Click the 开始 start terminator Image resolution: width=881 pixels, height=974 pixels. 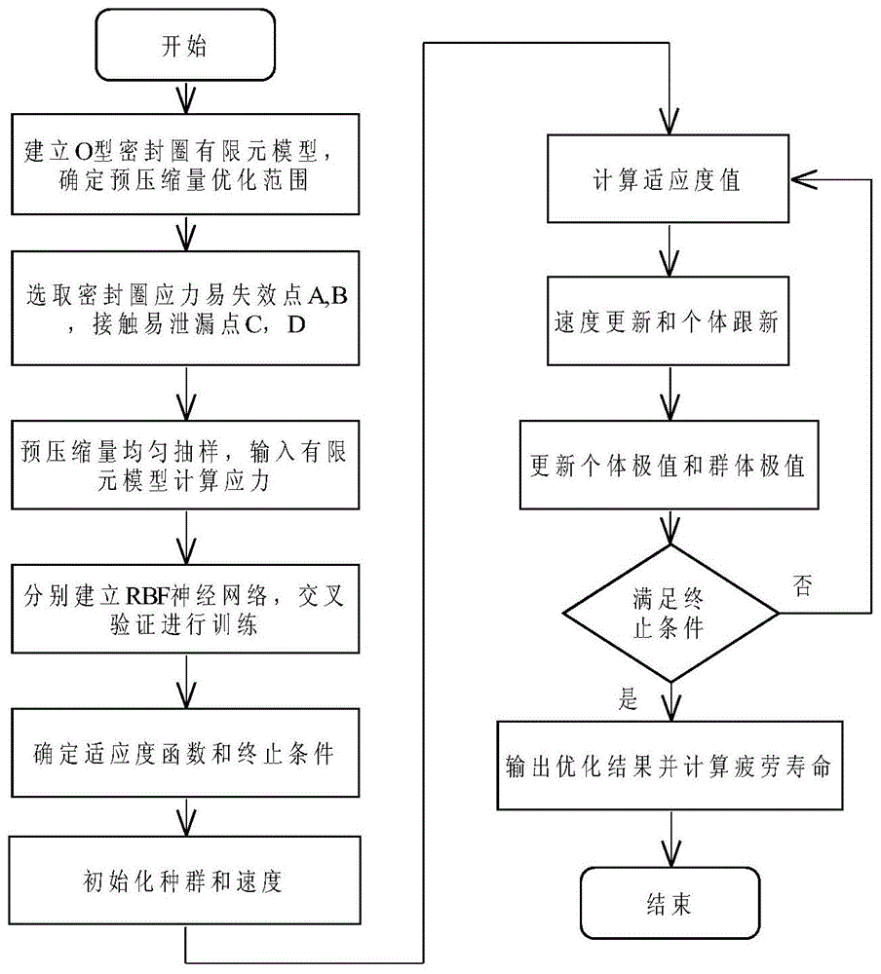pos(185,45)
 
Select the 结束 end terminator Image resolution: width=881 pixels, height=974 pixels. pos(670,903)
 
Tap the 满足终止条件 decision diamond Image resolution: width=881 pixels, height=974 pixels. pos(670,613)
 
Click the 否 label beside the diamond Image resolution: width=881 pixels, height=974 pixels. pos(803,585)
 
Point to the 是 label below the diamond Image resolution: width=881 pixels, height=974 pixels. pos(629,698)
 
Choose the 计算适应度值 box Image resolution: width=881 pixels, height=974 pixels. pos(668,179)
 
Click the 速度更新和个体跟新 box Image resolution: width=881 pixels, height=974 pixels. pos(668,320)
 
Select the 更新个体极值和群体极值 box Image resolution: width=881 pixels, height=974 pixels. pos(669,465)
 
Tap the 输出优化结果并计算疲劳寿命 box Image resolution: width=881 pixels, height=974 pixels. pos(670,766)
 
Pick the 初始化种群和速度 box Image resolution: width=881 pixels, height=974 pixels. pos(184,880)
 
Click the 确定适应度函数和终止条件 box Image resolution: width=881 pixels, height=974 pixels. pos(185,753)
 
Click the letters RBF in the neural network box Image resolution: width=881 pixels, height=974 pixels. pos(148,596)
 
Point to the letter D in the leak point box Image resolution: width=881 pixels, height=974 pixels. pos(296,324)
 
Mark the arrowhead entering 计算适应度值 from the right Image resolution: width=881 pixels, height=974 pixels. pos(803,179)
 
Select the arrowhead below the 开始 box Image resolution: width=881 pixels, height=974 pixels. pos(186,100)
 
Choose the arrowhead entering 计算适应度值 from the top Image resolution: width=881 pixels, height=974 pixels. pos(670,121)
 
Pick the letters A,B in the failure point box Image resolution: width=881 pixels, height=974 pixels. pos(327,294)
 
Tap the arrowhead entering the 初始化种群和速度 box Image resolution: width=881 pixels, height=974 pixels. pos(186,822)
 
